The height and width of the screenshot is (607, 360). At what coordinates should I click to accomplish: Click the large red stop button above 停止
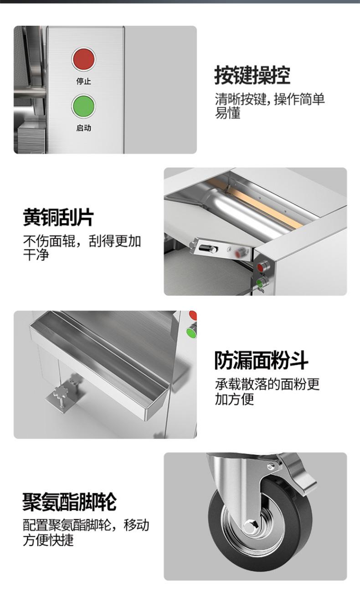coord(84,59)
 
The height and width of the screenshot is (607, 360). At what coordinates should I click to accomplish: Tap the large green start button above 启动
coord(84,106)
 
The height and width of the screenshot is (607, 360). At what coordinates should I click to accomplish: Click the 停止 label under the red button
coord(84,81)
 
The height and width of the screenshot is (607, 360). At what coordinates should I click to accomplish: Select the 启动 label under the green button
coord(84,128)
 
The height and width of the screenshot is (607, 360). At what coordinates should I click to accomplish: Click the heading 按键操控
coord(252,75)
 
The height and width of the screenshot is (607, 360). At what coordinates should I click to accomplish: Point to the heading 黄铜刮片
coord(58,217)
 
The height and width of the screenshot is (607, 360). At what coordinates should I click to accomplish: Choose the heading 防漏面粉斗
coord(261,360)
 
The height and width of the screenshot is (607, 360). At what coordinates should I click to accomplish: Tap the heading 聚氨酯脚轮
coord(69,502)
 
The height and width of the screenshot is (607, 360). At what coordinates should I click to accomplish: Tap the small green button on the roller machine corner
coord(260,284)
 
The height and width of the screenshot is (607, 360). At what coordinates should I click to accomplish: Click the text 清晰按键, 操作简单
coord(270,99)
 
